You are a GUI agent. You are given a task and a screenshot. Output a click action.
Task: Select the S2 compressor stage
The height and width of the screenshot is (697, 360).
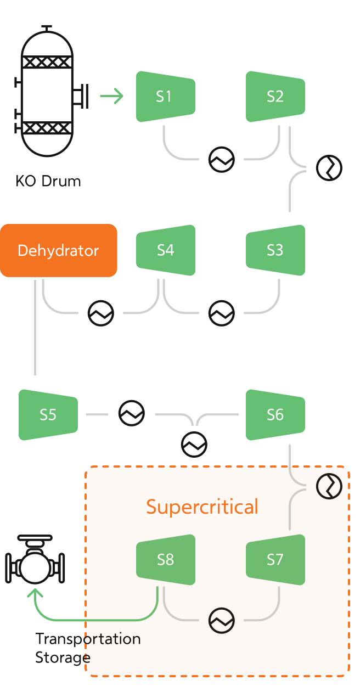(x=275, y=97)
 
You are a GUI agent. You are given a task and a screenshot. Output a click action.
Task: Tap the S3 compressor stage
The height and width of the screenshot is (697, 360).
(x=275, y=250)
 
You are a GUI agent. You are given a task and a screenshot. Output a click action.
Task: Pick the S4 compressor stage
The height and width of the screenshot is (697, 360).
(x=166, y=250)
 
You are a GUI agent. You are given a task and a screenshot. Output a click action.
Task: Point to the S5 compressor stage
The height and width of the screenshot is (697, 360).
(x=48, y=415)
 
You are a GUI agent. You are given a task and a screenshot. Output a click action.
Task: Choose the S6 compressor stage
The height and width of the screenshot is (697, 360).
(x=275, y=415)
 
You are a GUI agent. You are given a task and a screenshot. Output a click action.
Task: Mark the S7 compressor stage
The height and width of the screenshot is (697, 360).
(x=275, y=560)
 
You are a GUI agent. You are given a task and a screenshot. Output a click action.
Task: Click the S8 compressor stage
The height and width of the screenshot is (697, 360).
(x=166, y=560)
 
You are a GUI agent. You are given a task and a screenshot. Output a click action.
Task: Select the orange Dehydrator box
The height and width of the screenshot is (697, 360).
(x=59, y=250)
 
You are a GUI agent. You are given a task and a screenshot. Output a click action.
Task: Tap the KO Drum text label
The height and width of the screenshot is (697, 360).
(x=48, y=182)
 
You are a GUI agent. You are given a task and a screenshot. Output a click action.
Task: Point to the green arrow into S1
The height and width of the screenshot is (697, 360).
(x=112, y=97)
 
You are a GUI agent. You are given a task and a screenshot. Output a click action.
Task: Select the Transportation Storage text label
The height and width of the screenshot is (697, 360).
(x=88, y=648)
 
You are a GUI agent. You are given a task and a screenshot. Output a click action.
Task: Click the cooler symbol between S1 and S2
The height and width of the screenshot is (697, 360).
(x=221, y=160)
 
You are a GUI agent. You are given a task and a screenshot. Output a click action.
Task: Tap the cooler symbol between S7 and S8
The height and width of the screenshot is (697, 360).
(x=221, y=621)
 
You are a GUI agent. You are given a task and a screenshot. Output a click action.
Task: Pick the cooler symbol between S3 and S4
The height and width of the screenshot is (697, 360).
(x=221, y=313)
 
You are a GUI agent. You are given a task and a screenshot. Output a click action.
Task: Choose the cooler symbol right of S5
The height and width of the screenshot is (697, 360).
(x=132, y=413)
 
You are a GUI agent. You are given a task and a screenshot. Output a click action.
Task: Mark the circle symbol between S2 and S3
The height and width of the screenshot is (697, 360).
(x=329, y=168)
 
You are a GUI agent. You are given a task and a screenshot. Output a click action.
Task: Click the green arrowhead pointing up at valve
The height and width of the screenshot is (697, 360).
(x=36, y=594)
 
